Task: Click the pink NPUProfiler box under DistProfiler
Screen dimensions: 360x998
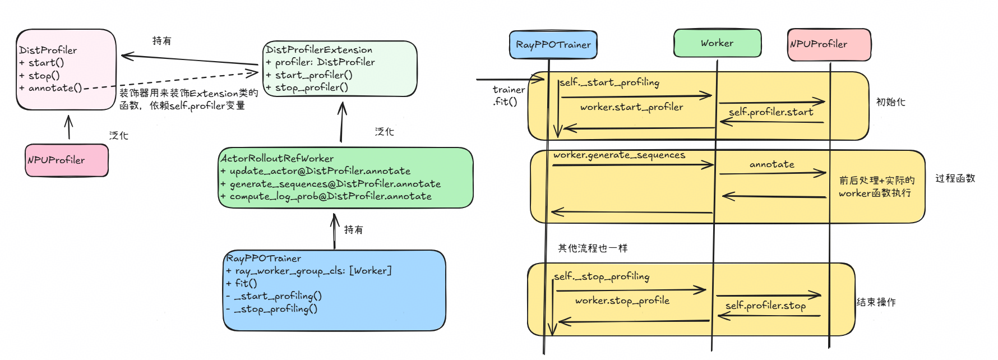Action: (66, 160)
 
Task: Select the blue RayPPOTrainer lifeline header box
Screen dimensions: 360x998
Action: (553, 45)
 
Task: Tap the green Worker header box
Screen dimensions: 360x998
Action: (717, 43)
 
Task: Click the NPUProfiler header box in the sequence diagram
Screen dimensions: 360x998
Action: (829, 44)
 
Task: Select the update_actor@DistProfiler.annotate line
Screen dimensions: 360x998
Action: (320, 171)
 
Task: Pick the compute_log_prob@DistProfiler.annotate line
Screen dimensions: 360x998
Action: (330, 196)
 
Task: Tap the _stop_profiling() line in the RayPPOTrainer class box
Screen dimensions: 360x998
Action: (275, 309)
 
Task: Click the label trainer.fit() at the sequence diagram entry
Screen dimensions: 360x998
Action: (508, 95)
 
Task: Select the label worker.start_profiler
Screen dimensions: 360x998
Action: (631, 107)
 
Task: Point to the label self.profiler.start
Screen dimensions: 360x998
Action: (771, 112)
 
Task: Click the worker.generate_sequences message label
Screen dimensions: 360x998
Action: (619, 155)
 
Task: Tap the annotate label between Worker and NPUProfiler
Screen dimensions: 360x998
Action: (771, 164)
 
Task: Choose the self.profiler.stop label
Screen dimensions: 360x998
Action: (765, 306)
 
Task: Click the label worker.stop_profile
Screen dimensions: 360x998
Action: (622, 301)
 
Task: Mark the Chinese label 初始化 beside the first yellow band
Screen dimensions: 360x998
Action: (890, 102)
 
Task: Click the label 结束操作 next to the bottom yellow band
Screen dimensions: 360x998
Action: (876, 302)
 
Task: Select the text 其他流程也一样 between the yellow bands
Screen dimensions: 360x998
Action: (592, 248)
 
